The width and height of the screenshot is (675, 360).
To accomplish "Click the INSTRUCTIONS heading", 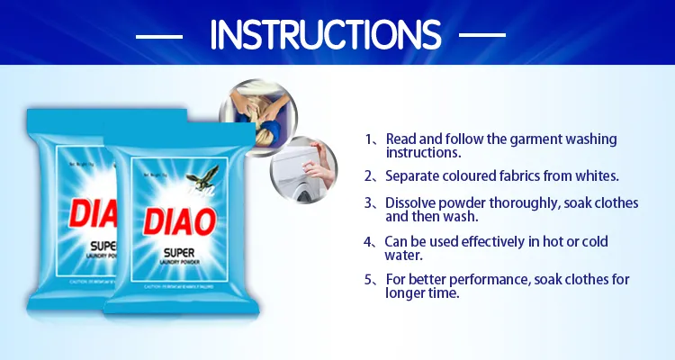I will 325,35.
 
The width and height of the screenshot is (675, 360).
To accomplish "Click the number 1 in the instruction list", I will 369,139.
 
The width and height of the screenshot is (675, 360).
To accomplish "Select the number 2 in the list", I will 369,175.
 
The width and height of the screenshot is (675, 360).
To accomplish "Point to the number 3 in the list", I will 369,203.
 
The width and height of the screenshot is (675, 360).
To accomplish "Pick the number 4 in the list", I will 369,242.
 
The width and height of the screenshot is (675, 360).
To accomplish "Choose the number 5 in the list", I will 369,280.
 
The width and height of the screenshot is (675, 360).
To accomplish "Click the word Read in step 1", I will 400,139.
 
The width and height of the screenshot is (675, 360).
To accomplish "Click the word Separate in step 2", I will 414,175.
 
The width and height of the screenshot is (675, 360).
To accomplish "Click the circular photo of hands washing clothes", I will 256,114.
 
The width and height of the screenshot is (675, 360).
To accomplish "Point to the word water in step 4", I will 403,255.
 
